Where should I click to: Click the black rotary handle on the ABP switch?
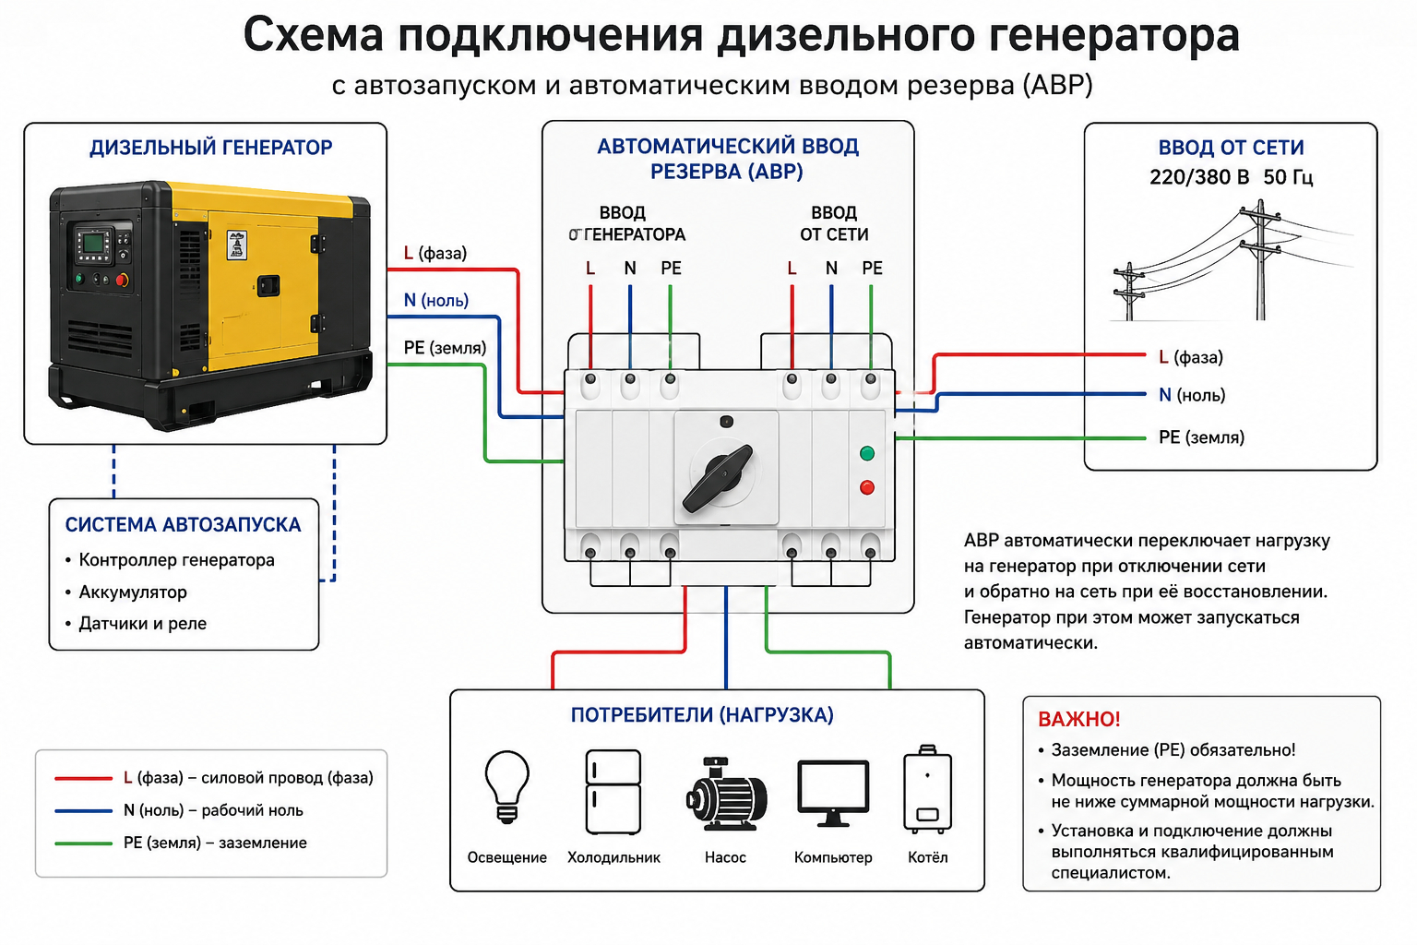click(x=718, y=478)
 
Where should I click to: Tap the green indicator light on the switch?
click(x=866, y=453)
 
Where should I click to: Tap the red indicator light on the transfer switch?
click(x=866, y=487)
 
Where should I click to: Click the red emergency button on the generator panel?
click(x=123, y=280)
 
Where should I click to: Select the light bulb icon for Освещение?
click(x=506, y=786)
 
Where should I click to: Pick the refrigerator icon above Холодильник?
click(x=613, y=792)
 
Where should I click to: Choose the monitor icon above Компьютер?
click(x=833, y=794)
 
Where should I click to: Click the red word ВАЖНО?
click(x=1079, y=719)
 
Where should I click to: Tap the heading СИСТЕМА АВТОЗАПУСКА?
click(x=183, y=525)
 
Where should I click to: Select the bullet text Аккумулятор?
click(x=133, y=592)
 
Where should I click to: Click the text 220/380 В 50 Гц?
click(x=1231, y=177)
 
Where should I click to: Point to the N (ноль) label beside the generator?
click(x=435, y=300)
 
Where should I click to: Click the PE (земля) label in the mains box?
click(x=1201, y=437)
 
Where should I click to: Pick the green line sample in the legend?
click(x=84, y=843)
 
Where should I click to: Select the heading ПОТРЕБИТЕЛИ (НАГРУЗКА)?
click(x=702, y=715)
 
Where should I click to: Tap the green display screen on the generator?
click(x=93, y=243)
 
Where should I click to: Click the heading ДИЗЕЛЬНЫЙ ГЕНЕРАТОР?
click(x=210, y=148)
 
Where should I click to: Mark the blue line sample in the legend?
click(x=84, y=811)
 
